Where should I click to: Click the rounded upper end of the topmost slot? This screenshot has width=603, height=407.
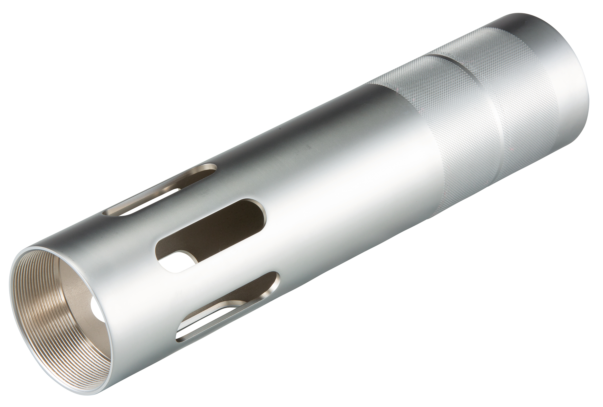(x=211, y=169)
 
